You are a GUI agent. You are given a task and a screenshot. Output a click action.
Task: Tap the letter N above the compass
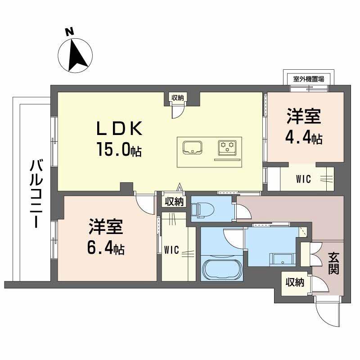69,31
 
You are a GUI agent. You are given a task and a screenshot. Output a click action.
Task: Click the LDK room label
119,130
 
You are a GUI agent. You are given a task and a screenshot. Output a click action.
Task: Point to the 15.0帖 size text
118,149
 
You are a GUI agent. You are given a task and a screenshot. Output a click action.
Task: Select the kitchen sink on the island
193,147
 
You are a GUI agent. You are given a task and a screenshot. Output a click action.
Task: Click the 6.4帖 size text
106,247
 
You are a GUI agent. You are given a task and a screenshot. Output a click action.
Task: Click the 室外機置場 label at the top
309,79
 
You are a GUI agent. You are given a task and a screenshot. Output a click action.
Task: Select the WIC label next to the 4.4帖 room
303,179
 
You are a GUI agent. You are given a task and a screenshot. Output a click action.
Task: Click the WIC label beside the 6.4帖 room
171,249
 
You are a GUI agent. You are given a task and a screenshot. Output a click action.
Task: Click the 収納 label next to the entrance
294,283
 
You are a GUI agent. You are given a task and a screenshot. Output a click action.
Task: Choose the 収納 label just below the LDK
174,202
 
